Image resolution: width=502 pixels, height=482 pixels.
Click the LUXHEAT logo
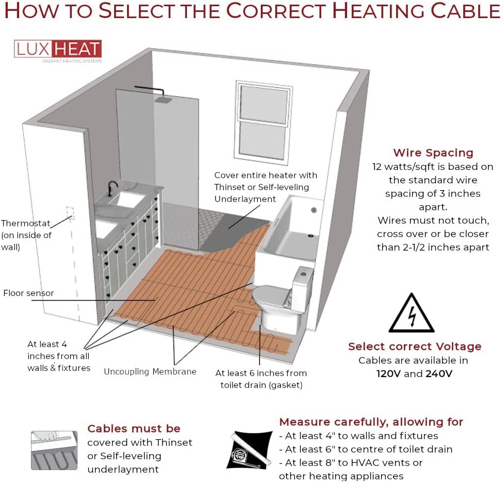(x=57, y=50)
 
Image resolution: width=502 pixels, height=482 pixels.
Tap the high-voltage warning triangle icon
(x=411, y=314)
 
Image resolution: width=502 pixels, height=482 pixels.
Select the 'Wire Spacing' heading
(x=433, y=153)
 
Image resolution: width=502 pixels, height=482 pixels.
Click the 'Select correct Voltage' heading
(x=414, y=347)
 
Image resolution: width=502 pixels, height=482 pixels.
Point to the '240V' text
(x=438, y=374)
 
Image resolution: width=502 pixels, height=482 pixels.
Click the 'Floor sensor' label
(x=28, y=293)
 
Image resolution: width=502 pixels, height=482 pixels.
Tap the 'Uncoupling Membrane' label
(x=150, y=371)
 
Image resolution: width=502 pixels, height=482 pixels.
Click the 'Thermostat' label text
(x=26, y=224)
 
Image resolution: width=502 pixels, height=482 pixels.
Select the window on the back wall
(x=262, y=121)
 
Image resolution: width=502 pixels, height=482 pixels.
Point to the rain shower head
(x=164, y=100)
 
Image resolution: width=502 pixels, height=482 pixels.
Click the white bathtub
(x=289, y=227)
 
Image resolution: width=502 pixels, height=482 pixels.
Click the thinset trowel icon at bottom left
(x=54, y=450)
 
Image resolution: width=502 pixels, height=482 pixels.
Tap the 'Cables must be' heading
(x=134, y=429)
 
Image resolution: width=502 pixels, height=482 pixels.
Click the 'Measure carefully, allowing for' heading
(x=371, y=422)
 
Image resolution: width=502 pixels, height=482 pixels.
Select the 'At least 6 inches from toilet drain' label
(x=261, y=379)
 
